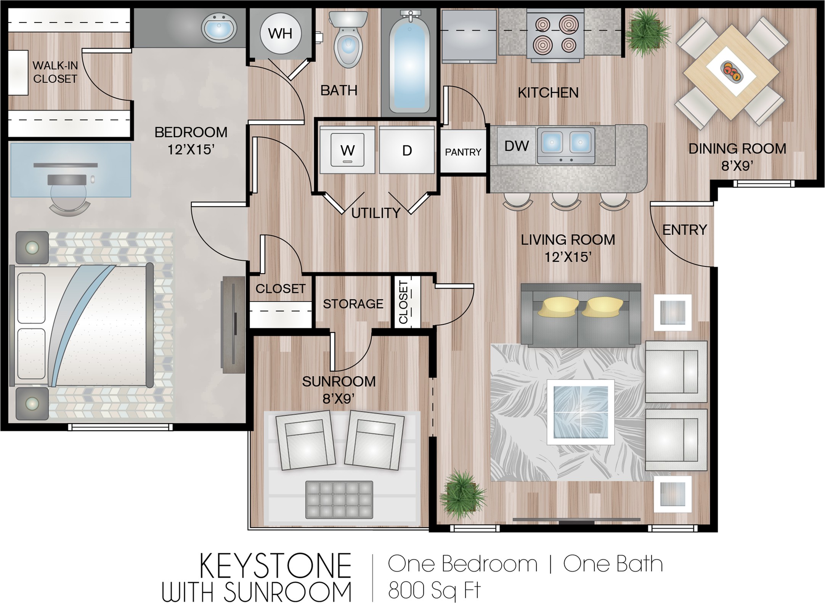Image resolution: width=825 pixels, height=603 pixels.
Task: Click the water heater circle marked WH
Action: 281,34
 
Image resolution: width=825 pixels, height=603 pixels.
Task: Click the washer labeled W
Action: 347,150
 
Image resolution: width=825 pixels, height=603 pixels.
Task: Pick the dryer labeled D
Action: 407,150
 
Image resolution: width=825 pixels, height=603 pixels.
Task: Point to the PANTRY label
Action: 463,152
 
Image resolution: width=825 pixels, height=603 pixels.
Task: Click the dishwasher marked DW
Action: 517,146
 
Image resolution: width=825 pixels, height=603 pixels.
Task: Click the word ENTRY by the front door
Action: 685,230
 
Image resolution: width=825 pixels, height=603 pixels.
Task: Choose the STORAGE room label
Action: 353,304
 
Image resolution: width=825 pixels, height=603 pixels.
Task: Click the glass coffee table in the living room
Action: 580,412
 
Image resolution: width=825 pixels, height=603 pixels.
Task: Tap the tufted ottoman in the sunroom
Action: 339,500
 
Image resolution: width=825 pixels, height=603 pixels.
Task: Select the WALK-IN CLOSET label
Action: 55,72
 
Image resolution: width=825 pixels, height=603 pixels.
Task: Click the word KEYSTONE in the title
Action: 275,566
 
